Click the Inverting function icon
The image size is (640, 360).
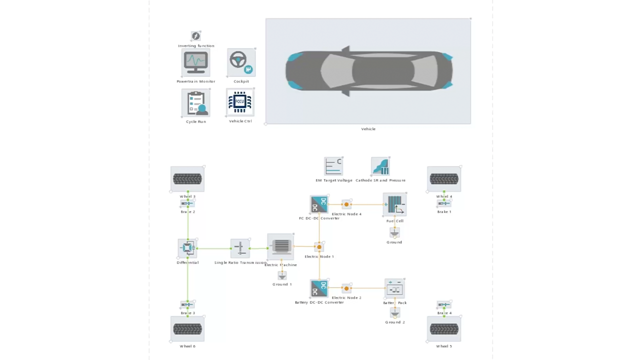196,36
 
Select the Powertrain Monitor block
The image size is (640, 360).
195,62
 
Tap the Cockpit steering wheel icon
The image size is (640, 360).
241,62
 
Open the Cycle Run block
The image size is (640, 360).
195,103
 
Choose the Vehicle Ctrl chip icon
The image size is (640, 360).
240,102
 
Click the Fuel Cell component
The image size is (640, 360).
394,204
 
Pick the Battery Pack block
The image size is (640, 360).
394,288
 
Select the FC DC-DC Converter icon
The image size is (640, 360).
319,204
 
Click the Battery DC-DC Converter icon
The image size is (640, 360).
319,288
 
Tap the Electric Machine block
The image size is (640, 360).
281,246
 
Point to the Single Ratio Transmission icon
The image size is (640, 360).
240,248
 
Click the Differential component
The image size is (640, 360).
187,248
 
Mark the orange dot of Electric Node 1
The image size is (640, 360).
319,247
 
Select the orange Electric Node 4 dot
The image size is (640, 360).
346,204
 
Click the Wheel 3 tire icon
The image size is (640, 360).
187,179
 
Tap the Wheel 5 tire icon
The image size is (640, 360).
444,329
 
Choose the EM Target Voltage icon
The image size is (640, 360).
333,166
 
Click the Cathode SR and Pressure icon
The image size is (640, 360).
380,166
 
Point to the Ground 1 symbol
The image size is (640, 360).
282,276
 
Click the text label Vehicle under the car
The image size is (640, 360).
368,129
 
